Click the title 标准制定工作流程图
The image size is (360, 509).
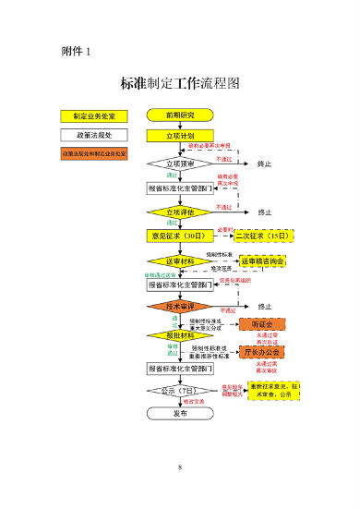pyautogui.click(x=180, y=83)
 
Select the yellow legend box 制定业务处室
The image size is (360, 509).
pyautogui.click(x=94, y=116)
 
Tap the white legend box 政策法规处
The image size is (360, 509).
pyautogui.click(x=94, y=135)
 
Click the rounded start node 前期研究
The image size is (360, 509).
pyautogui.click(x=180, y=115)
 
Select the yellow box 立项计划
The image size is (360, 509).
pyautogui.click(x=180, y=136)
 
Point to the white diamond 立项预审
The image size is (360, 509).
pyautogui.click(x=180, y=164)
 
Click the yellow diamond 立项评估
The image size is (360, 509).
pyautogui.click(x=180, y=212)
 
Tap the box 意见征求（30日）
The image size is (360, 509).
pyautogui.click(x=180, y=236)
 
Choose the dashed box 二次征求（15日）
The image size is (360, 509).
pyautogui.click(x=263, y=236)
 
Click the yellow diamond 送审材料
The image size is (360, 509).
pyautogui.click(x=180, y=261)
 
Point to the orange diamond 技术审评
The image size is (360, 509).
pyautogui.click(x=180, y=306)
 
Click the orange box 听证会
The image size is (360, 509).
pyautogui.click(x=262, y=324)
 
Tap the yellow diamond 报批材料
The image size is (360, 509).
pyautogui.click(x=180, y=335)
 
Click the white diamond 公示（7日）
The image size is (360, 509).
pyautogui.click(x=180, y=392)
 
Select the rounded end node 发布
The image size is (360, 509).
pyautogui.click(x=180, y=414)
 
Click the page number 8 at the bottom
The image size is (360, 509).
pyautogui.click(x=180, y=467)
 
